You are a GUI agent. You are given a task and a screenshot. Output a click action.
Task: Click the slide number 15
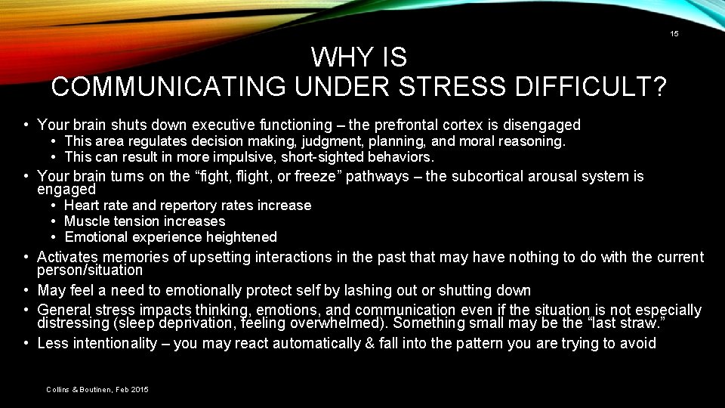click(x=674, y=34)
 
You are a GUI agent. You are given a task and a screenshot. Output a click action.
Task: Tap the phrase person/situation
click(x=90, y=270)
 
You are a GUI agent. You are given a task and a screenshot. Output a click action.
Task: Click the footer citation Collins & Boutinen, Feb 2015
click(x=97, y=389)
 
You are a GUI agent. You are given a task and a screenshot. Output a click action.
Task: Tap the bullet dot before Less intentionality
click(x=26, y=344)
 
